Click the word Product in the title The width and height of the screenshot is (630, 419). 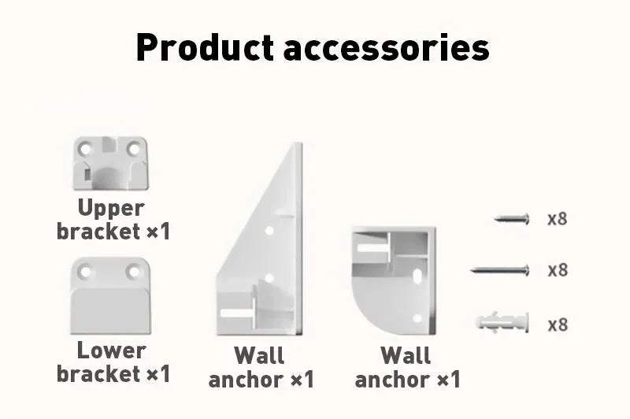coord(205,47)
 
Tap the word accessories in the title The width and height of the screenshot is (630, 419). coord(387,49)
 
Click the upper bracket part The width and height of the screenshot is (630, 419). coord(110,163)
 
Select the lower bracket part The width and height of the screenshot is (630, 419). coord(110,296)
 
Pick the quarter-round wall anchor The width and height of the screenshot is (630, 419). coord(394,280)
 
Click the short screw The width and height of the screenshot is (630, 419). coord(512,219)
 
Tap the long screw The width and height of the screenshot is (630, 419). coord(500,270)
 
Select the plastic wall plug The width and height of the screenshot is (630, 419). coord(502,322)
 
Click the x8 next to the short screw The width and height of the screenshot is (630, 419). coord(558,219)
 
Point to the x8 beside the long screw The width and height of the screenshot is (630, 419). coord(558,270)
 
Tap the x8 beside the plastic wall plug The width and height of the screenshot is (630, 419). coord(558,324)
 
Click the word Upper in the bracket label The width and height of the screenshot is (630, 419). coord(111,209)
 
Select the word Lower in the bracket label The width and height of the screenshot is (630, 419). coord(111,350)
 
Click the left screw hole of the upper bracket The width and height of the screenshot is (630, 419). coord(86,150)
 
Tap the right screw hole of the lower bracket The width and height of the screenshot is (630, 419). coord(133,272)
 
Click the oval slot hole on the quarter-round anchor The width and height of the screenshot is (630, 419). coord(418,276)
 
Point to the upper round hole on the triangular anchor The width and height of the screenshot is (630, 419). coord(269,231)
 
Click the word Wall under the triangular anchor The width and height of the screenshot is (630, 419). coord(260,355)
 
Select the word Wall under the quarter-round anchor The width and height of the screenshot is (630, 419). coord(406,355)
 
